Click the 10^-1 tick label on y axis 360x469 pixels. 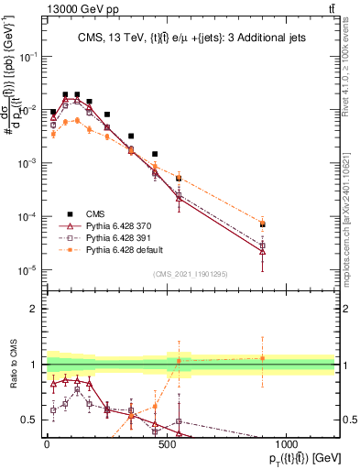click(27, 57)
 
